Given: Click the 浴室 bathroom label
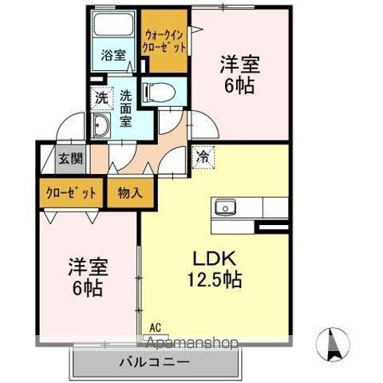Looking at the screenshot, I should pos(113,55).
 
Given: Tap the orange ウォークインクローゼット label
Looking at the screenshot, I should pos(165,40).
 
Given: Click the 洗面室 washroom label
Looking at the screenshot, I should pos(126,109).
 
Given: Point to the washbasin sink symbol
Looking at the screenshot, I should pos(101,125).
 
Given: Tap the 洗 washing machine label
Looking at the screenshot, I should pos(101,99).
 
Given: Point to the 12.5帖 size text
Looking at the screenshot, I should pos(215,281).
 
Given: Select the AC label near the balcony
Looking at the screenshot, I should pos(154,326).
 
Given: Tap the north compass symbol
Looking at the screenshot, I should pos(333,345).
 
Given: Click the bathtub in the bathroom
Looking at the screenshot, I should pos(113,28).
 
